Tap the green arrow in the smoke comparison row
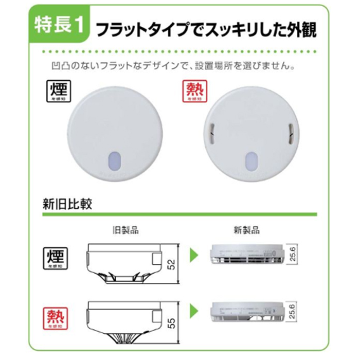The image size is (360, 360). coord(194,254)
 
